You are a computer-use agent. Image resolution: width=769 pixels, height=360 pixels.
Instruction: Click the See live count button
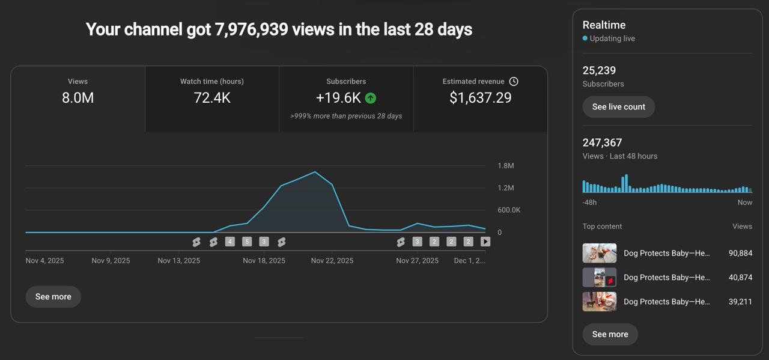coord(618,107)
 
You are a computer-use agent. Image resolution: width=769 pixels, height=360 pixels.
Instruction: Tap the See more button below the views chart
coord(53,296)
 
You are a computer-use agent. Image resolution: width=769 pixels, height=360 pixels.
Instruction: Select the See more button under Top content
coord(610,334)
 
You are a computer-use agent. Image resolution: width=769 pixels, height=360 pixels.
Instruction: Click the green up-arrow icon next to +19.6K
coord(371,98)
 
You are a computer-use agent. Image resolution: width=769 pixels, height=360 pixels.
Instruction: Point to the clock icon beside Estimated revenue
coord(514,81)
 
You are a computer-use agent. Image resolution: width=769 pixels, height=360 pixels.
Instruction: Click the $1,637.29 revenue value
coord(480,98)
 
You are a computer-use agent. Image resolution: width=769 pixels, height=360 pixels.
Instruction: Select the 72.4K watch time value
coord(212,98)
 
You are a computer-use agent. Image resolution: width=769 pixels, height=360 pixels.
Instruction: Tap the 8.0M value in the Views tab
coord(78,98)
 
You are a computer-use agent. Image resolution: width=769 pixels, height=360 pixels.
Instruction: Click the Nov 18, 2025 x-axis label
coord(264,261)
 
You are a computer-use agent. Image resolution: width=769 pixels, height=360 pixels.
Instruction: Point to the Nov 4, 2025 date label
coord(44,261)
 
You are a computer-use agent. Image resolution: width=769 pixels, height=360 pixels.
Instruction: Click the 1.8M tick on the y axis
coord(506,165)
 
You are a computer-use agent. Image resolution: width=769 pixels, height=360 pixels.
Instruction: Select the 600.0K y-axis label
coord(509,210)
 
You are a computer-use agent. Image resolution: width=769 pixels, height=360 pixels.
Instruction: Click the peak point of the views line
coord(315,172)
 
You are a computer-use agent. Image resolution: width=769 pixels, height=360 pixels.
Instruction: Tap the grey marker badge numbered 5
coord(247,242)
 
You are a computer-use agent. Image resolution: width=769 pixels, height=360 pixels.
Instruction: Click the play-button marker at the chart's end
coord(485,242)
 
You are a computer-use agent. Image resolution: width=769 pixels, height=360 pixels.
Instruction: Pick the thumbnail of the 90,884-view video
coord(600,253)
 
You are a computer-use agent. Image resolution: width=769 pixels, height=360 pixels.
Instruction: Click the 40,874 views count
coord(740,277)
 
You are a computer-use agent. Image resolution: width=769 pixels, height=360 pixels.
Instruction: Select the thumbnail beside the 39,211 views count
coord(600,302)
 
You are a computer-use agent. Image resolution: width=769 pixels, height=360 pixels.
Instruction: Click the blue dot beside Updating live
coord(585,38)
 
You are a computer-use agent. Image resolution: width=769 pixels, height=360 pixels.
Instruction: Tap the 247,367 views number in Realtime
coord(602,142)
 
